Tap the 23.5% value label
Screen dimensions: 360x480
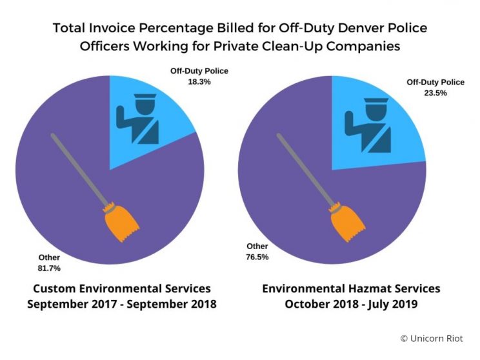pos(419,92)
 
